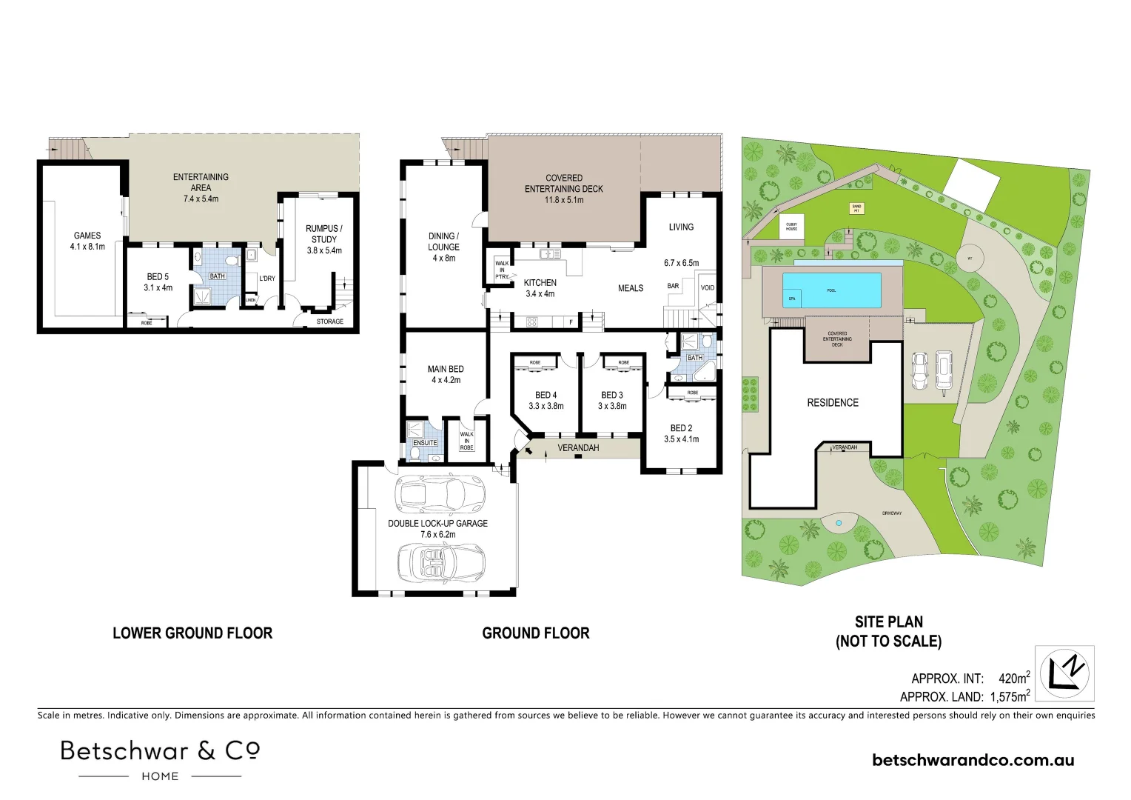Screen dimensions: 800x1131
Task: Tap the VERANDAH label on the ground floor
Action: pos(578,448)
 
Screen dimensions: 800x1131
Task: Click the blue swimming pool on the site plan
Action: pos(833,290)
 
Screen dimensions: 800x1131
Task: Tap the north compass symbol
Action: pos(1064,673)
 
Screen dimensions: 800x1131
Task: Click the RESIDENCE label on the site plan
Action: pos(833,403)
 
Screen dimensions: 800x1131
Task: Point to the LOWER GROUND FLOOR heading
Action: pos(192,633)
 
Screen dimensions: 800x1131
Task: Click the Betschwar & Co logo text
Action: pos(160,751)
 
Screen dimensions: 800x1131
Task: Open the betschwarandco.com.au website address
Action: pos(973,760)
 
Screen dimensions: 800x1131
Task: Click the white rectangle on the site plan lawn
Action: pos(972,184)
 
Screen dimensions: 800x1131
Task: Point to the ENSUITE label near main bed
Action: pos(425,443)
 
